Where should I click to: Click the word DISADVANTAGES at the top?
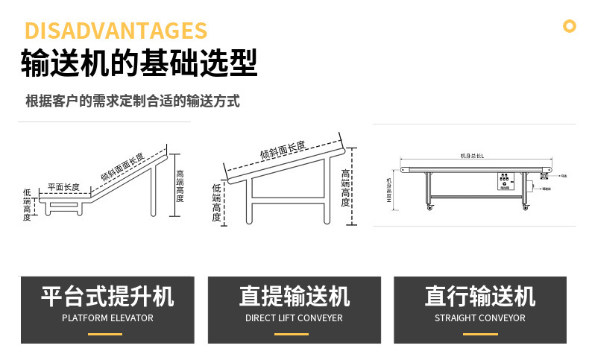coord(116,31)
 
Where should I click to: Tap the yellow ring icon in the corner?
coord(570,27)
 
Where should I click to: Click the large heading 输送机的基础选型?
coord(139,64)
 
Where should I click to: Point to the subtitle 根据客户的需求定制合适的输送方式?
coord(133,101)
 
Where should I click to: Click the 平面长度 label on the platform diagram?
coord(63,187)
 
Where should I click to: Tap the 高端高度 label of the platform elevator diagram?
coord(180,186)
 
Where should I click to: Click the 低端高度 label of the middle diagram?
coord(217,203)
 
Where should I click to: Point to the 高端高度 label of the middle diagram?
coord(345,187)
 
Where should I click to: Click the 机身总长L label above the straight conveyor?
coord(473,156)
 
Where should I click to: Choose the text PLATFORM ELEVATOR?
coord(107,318)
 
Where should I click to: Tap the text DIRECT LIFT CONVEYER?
coord(294,318)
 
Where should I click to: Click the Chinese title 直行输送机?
coord(480,296)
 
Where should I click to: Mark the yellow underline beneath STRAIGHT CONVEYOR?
coord(480,334)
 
